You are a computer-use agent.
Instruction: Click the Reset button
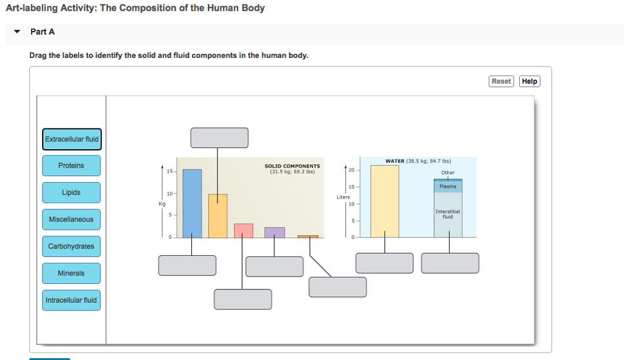click(502, 81)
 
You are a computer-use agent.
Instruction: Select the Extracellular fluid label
click(71, 139)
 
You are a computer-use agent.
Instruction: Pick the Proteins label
click(71, 166)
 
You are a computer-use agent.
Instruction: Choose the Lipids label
click(71, 192)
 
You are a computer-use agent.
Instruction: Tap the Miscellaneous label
click(71, 219)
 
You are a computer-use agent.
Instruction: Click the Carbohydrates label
click(71, 246)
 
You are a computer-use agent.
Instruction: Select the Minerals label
click(71, 273)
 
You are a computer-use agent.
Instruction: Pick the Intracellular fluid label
click(71, 300)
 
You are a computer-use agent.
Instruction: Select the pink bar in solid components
click(244, 230)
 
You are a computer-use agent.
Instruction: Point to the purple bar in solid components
click(274, 232)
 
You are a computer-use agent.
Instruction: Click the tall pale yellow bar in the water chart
click(385, 201)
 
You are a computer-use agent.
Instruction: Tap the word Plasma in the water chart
click(448, 186)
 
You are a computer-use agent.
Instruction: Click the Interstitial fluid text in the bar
click(448, 214)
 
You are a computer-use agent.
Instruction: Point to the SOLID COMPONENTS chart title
click(292, 166)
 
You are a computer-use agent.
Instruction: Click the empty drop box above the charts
click(219, 138)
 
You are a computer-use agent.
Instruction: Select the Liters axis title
click(343, 197)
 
